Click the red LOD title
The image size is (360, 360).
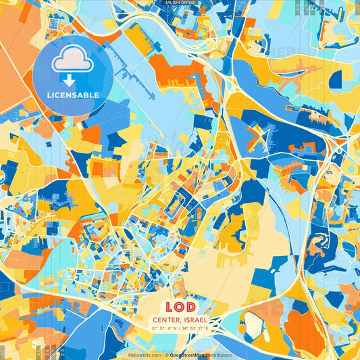click(180, 306)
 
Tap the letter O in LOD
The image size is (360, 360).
click(180, 306)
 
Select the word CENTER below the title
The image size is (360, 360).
click(167, 320)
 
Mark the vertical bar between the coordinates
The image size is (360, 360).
click(180, 329)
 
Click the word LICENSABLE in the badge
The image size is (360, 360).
click(73, 95)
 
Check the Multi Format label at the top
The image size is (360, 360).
click(180, 3)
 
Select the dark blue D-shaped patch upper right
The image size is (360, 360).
click(336, 80)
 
